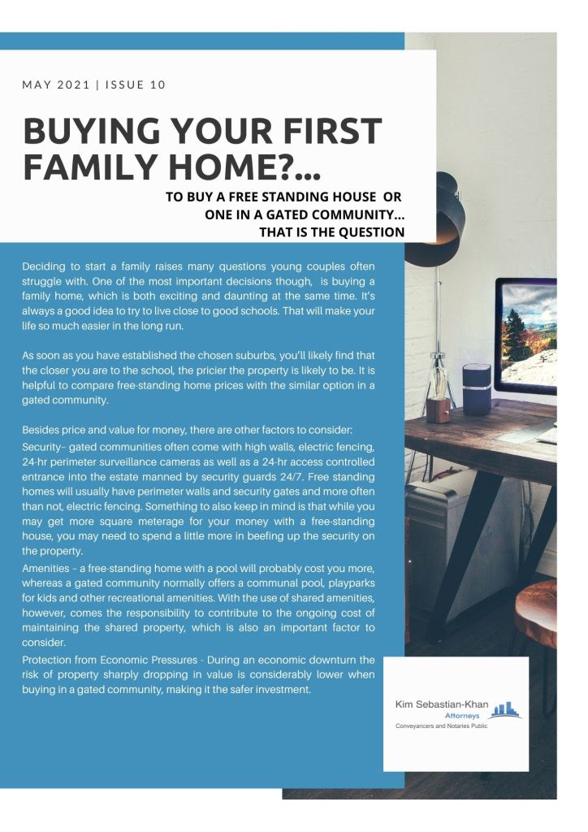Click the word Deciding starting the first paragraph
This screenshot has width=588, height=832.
coord(45,266)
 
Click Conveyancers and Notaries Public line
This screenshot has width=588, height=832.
coord(440,726)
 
